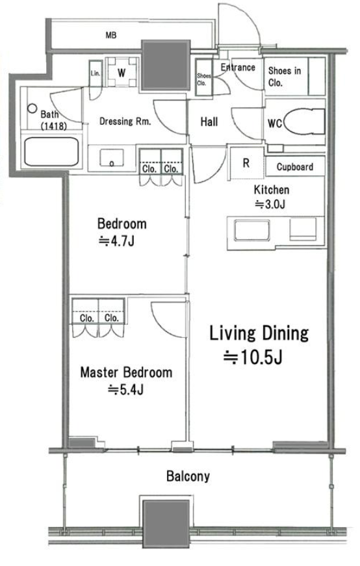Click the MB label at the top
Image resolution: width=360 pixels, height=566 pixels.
click(x=111, y=35)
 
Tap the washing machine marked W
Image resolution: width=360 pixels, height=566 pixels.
click(x=122, y=72)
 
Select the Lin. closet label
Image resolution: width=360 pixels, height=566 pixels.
click(x=96, y=73)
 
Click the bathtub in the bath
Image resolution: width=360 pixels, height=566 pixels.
click(x=51, y=151)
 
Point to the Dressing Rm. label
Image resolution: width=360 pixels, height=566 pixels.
click(x=125, y=122)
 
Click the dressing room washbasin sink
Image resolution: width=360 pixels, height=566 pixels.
click(x=112, y=158)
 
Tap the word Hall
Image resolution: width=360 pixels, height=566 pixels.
click(x=209, y=122)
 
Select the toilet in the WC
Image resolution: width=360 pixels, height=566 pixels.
click(x=304, y=122)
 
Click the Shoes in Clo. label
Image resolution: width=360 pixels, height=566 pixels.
click(x=285, y=77)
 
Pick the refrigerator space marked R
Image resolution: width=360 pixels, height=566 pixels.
click(x=246, y=163)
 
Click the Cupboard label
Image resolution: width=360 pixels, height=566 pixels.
click(x=294, y=167)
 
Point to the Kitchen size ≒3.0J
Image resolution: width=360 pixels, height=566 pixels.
click(x=270, y=205)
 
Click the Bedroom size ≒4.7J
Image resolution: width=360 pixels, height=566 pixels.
click(x=116, y=241)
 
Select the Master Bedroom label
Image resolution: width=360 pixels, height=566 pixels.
click(x=126, y=372)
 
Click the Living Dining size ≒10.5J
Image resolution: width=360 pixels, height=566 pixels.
click(x=253, y=357)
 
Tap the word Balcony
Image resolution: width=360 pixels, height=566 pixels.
click(x=188, y=476)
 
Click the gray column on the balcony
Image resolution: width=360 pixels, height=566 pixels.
click(x=166, y=519)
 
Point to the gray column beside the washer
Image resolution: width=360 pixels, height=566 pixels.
click(x=166, y=66)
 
